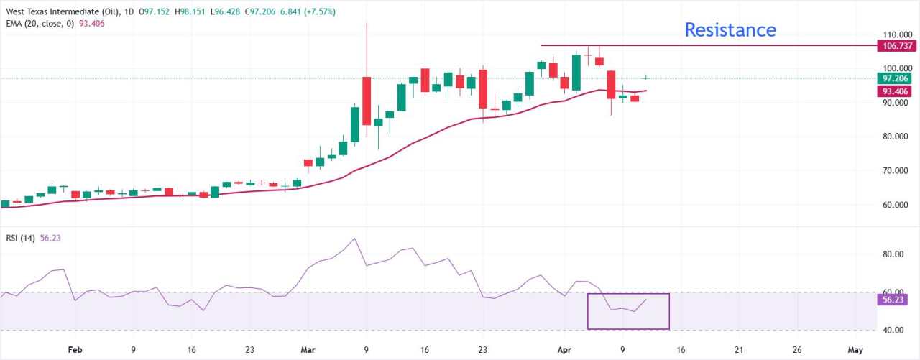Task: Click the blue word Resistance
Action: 730,30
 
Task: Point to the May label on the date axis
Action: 855,349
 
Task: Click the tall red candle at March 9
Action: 367,101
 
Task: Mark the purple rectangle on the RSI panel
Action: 628,311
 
